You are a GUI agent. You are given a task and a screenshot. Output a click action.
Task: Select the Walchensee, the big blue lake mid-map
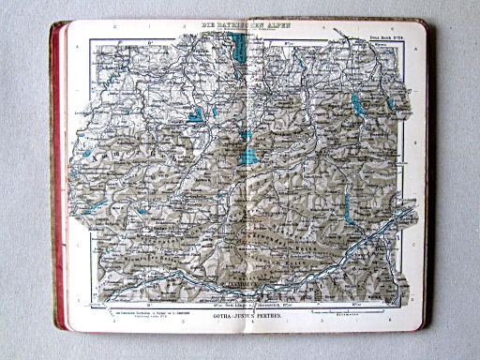tap(248, 153)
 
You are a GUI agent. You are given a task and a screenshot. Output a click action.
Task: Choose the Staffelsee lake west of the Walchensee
tap(195, 117)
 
